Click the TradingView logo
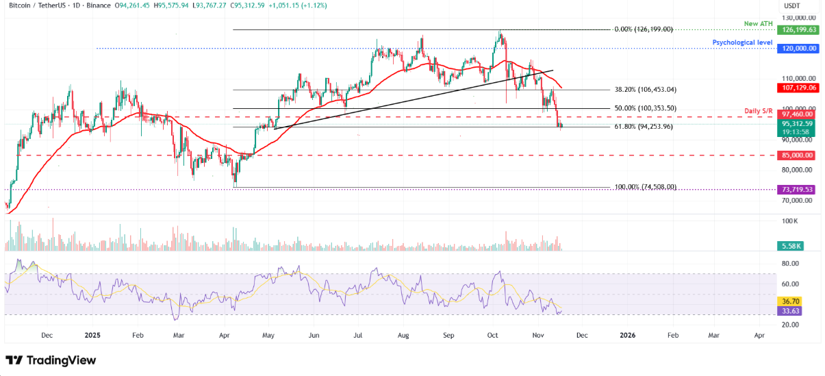click(51, 360)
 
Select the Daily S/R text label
click(759, 110)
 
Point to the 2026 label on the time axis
click(627, 336)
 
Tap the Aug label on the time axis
click(402, 336)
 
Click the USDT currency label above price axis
click(793, 6)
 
